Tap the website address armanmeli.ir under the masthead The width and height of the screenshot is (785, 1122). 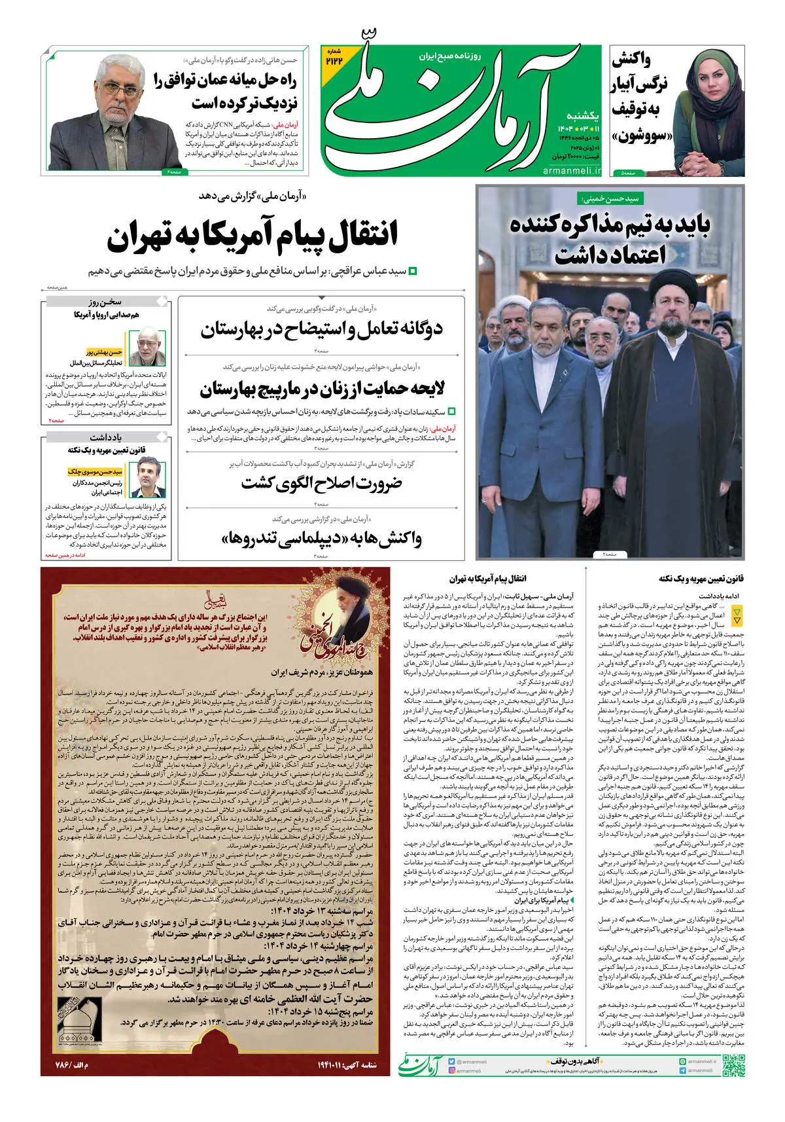point(571,170)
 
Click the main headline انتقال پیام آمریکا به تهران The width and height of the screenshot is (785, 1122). point(253,237)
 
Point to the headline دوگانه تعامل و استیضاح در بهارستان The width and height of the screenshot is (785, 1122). point(322,329)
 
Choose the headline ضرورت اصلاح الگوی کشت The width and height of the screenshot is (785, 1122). point(322,484)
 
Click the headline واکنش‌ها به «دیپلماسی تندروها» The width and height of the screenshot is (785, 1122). point(322,539)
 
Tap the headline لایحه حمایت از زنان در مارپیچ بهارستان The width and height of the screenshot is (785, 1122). point(322,389)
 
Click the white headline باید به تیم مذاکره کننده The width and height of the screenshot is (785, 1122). point(610,238)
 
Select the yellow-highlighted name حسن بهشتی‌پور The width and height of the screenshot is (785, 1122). point(105,352)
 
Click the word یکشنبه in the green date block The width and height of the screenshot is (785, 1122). point(582,116)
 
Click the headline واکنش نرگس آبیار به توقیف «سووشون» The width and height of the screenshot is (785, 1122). point(640,98)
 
